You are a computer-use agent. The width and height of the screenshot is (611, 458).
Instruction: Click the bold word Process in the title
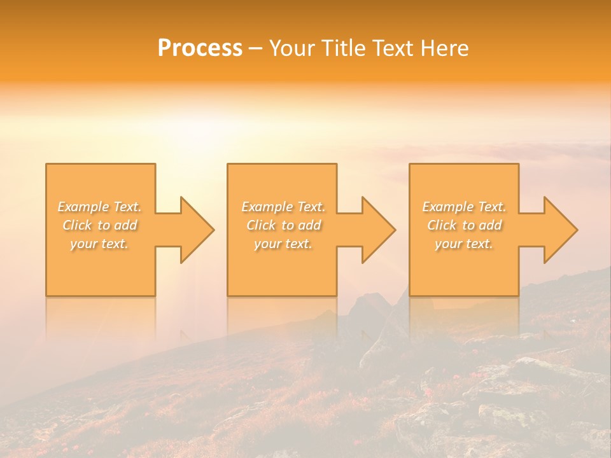point(200,48)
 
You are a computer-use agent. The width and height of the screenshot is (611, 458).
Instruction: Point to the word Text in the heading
point(393,48)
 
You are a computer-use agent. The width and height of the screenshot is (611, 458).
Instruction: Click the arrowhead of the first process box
point(197,230)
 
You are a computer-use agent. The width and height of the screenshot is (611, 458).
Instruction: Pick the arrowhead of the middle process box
point(378,230)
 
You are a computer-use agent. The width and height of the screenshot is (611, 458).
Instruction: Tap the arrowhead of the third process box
point(560,230)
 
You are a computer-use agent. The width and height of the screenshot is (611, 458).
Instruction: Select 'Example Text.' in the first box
point(100,207)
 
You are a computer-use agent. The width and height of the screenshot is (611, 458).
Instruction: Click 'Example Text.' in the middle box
point(283,207)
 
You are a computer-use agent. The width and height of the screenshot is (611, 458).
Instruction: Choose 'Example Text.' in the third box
point(464,207)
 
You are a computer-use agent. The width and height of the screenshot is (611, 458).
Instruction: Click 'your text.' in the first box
point(100,244)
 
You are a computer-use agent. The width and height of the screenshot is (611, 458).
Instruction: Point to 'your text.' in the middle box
point(283,244)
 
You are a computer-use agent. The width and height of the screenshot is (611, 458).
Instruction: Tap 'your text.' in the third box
point(464,244)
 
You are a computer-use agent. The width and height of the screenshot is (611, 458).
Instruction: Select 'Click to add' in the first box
point(100,225)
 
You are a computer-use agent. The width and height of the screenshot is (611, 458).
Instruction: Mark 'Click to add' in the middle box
point(283,225)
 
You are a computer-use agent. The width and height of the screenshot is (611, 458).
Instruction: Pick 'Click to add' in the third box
point(464,225)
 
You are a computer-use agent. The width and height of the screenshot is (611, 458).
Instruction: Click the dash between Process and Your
point(255,49)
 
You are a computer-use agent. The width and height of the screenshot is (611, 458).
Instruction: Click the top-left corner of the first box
point(46,164)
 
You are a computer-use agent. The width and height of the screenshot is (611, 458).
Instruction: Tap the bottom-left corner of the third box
point(410,295)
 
